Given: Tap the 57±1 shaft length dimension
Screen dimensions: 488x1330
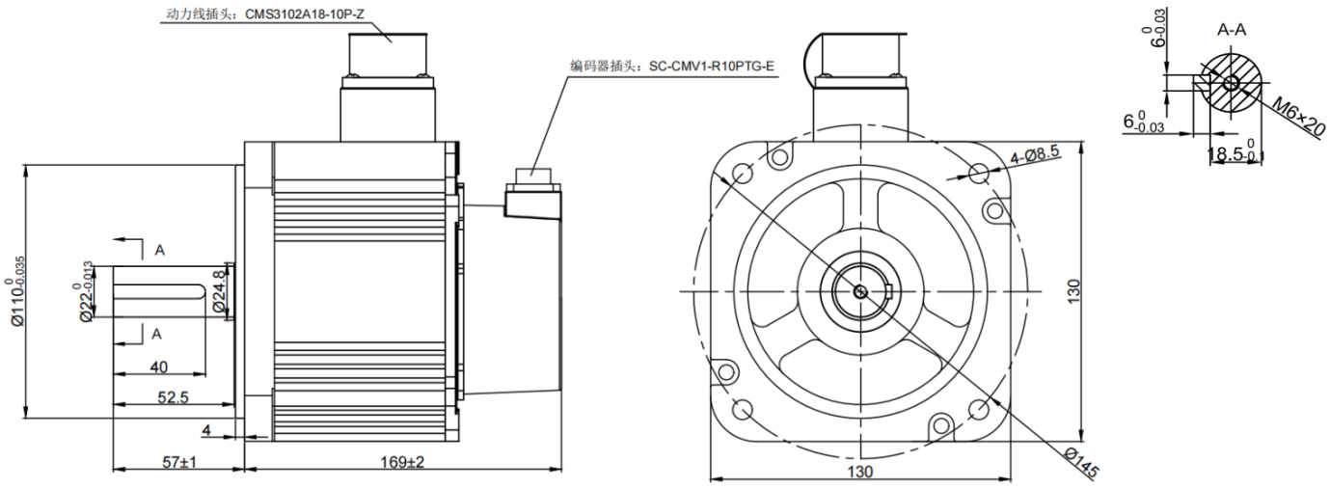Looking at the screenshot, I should [x=179, y=463].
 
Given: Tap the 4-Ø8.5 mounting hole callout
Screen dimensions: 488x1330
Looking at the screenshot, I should [x=1034, y=156].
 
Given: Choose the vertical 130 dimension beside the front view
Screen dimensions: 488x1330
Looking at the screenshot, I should [x=1099, y=290].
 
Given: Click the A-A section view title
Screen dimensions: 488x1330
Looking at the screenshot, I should [x=1231, y=30].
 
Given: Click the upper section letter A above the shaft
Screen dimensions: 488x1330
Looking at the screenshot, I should [x=160, y=250].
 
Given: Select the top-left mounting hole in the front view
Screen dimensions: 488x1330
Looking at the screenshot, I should [x=743, y=174].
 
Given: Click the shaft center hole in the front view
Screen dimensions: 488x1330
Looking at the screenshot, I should [x=860, y=290].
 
